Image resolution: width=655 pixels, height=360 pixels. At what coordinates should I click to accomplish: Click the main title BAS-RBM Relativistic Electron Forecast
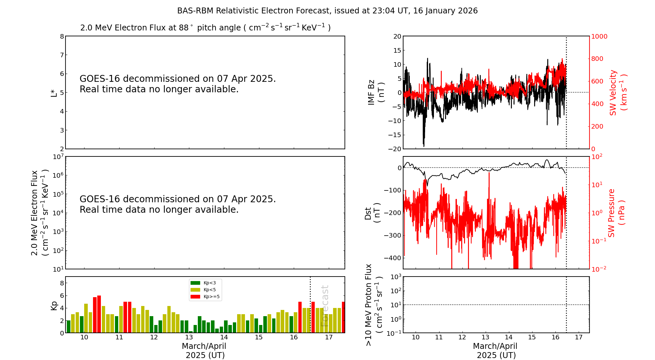(327, 11)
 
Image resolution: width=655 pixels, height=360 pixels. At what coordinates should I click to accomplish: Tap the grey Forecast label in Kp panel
(325, 306)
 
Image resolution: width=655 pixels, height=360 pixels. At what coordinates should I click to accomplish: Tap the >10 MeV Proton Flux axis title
(374, 305)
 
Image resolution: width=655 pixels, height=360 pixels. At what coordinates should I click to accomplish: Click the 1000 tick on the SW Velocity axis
(599, 36)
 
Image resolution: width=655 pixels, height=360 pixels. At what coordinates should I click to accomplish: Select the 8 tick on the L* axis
(62, 36)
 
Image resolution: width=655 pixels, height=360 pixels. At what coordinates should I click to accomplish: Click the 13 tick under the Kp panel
(189, 337)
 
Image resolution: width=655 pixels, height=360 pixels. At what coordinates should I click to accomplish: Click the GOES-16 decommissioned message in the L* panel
(178, 84)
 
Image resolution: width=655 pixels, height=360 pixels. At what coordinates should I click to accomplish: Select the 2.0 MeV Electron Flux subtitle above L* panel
(205, 28)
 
